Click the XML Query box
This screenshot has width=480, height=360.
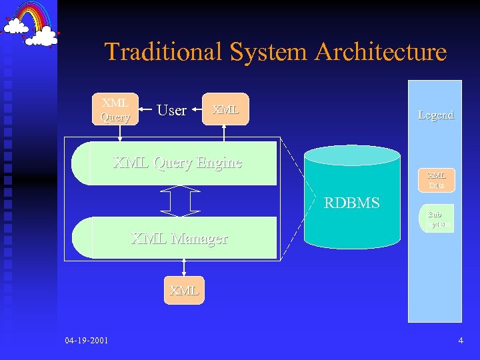click(x=115, y=109)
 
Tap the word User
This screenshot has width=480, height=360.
click(x=171, y=111)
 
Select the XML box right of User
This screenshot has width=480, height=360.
click(x=225, y=109)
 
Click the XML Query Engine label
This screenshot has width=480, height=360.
click(x=177, y=162)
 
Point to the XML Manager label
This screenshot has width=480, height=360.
click(x=179, y=238)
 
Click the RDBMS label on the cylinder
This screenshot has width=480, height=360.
click(x=351, y=203)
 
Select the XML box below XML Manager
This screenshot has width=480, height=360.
click(x=184, y=291)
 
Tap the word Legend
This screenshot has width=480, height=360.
click(x=435, y=115)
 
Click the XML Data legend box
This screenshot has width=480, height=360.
click(x=437, y=180)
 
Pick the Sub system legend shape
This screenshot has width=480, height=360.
click(x=437, y=218)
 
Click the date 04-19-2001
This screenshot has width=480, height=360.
click(x=87, y=341)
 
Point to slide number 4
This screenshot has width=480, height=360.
click(x=461, y=341)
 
